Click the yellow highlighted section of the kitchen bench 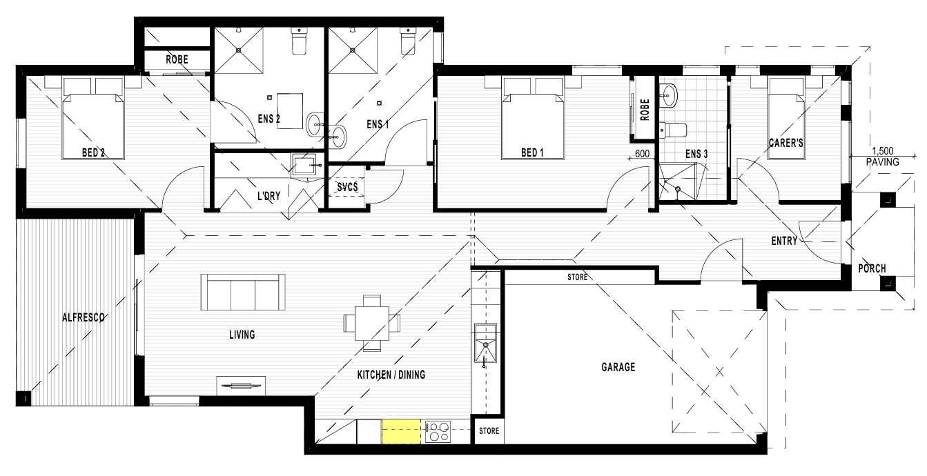(x=401, y=431)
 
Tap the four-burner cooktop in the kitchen (x=438, y=432)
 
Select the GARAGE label (x=618, y=367)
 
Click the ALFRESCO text (x=84, y=317)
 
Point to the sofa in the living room (x=243, y=292)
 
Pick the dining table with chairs (x=371, y=323)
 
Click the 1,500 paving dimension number (x=882, y=151)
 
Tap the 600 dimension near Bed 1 (x=642, y=154)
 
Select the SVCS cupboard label (x=347, y=187)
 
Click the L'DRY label (x=269, y=196)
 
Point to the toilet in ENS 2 (x=299, y=41)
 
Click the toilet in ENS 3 (x=673, y=130)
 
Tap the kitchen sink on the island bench (x=485, y=344)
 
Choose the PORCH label (x=872, y=268)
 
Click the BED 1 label (x=532, y=152)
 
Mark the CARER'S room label (x=786, y=143)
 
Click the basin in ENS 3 (x=668, y=95)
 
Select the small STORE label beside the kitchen (x=489, y=431)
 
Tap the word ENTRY (x=784, y=241)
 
